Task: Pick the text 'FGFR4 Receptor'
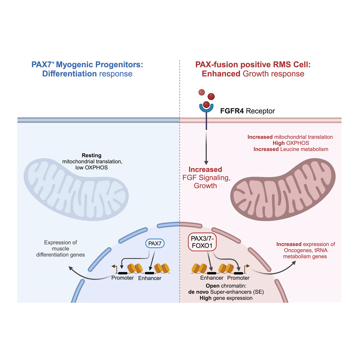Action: (248, 111)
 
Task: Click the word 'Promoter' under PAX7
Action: (122, 278)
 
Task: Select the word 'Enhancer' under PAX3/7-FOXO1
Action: (212, 278)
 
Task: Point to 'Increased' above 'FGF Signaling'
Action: (206, 170)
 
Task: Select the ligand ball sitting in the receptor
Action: (206, 104)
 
